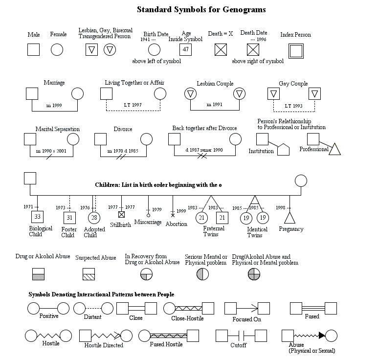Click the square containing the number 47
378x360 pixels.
(x=185, y=49)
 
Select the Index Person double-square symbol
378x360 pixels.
(x=295, y=50)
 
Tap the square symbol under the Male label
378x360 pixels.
(x=33, y=49)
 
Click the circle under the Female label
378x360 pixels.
(x=57, y=49)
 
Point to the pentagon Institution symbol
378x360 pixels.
(x=284, y=149)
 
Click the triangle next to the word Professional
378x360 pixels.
(x=334, y=149)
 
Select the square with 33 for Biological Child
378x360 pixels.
(x=37, y=217)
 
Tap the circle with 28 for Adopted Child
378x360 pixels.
(x=94, y=218)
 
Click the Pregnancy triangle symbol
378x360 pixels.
(x=289, y=218)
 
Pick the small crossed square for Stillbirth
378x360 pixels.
(x=122, y=214)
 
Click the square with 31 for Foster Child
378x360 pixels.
(x=69, y=218)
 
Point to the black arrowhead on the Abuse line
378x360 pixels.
(x=321, y=336)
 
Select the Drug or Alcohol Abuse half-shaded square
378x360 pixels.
(x=39, y=274)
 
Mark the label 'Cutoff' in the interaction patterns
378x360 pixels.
(x=238, y=345)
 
